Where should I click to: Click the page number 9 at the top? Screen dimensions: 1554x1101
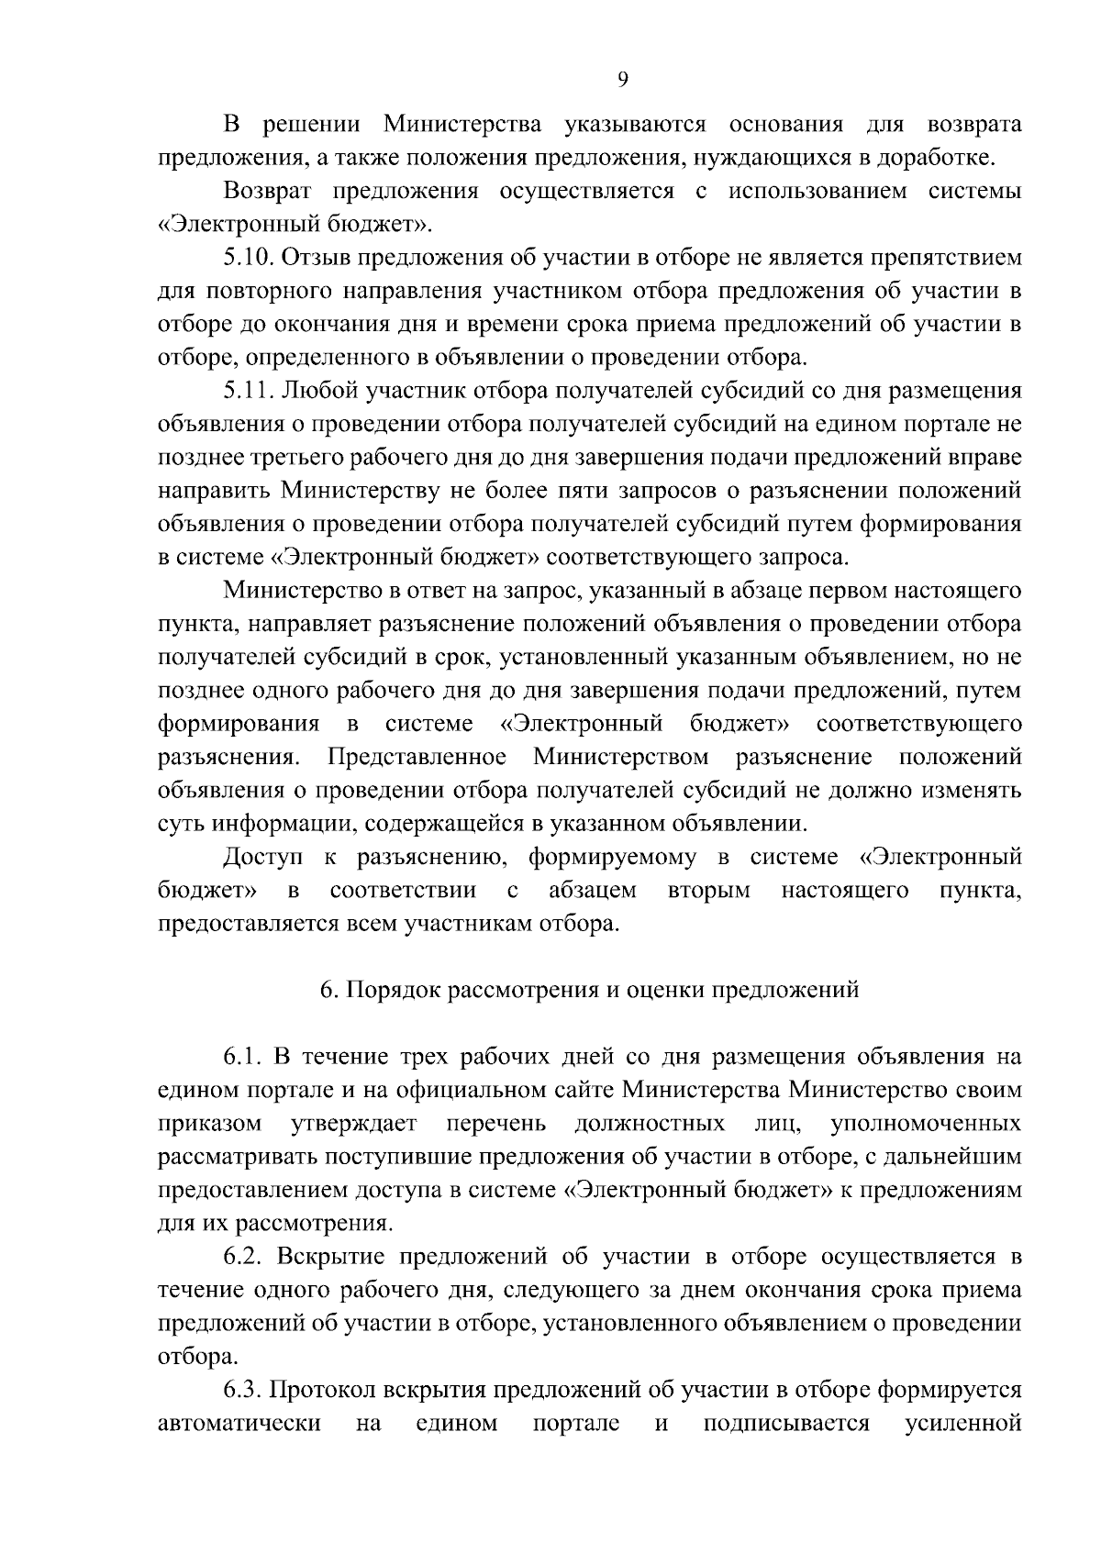(x=623, y=80)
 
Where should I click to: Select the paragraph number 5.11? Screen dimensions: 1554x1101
(x=247, y=391)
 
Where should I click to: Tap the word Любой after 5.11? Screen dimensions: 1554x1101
(x=319, y=391)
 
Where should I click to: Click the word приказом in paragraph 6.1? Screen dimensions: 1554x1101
(x=210, y=1124)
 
